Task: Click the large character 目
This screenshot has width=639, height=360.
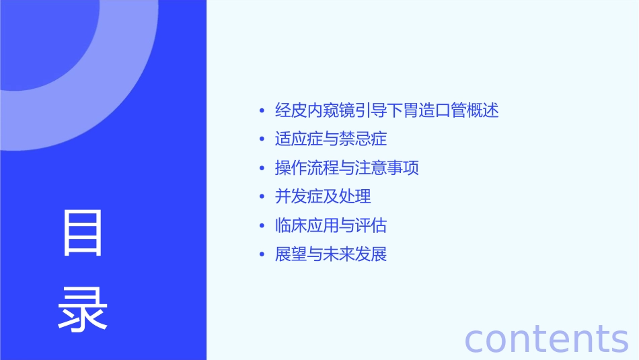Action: point(83,233)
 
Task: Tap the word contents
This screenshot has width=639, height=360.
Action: point(546,338)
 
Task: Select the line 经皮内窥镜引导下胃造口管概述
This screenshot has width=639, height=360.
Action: point(387,110)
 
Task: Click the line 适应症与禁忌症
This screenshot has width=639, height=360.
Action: point(331,139)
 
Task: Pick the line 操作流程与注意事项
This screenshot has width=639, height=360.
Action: point(347,168)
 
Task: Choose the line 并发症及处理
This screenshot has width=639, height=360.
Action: point(323,196)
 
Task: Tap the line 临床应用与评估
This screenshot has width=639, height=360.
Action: point(331,225)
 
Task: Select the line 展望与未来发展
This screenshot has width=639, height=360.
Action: point(331,254)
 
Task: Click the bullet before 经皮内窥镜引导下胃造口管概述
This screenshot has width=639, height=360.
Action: point(262,111)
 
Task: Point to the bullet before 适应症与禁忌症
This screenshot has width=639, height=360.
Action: point(262,140)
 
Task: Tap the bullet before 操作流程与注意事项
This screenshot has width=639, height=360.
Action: point(262,168)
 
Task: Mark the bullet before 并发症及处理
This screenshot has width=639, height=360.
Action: point(262,197)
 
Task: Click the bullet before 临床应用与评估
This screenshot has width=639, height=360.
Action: point(262,226)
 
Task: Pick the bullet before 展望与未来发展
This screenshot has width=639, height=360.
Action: point(262,255)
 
